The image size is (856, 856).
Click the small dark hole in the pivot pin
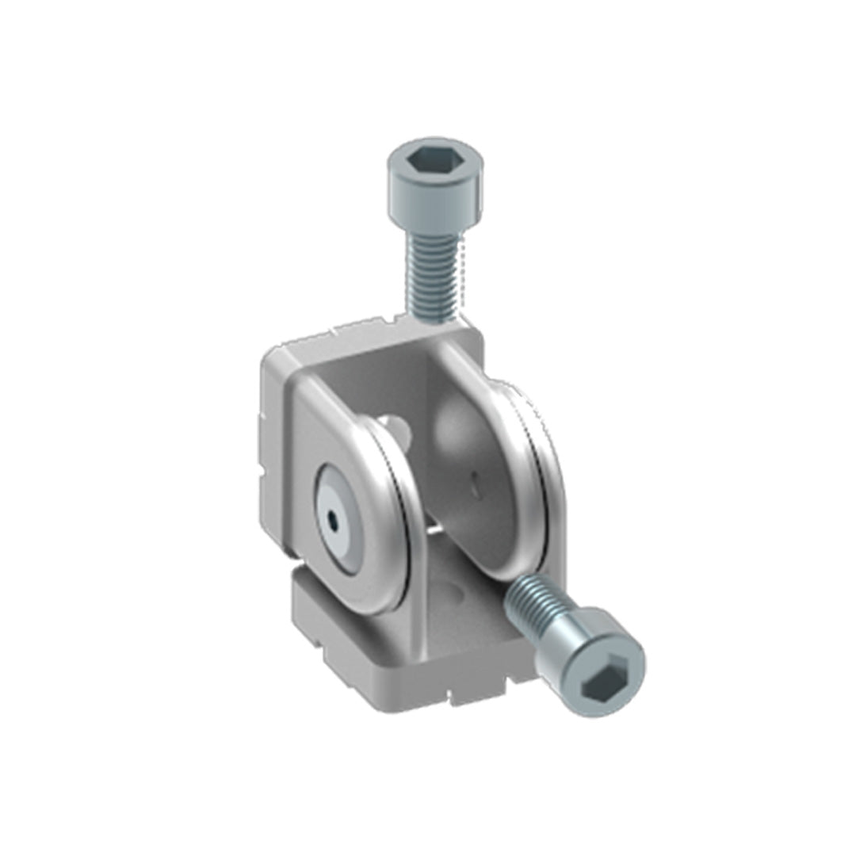[x=334, y=522]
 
